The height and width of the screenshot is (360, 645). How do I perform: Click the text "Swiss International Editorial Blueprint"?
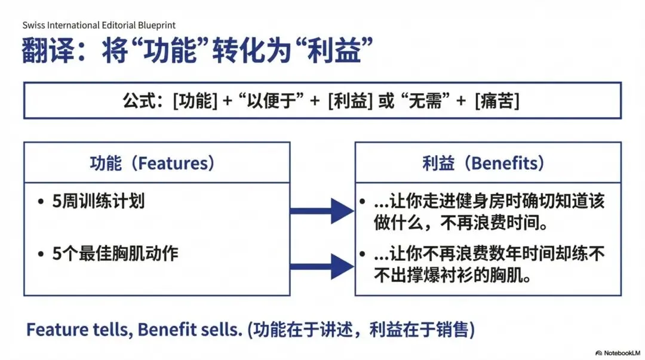pyautogui.click(x=99, y=25)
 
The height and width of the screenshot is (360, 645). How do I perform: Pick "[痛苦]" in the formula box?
pyautogui.click(x=497, y=100)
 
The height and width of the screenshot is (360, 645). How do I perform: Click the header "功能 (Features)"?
pyautogui.click(x=152, y=163)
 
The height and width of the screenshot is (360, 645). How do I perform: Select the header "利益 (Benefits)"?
pyautogui.click(x=483, y=163)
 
